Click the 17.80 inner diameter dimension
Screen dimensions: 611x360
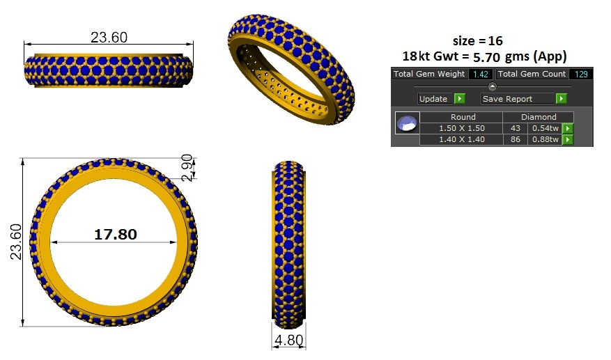116,234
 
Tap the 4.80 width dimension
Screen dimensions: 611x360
288,340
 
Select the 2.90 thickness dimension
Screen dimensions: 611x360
187,168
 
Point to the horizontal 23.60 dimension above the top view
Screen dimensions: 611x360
109,38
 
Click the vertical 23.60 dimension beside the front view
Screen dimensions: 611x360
16,242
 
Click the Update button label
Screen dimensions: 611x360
433,99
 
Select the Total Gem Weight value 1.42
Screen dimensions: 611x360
481,74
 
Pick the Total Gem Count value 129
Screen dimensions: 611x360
581,74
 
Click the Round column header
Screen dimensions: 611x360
463,117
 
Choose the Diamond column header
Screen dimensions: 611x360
539,117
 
